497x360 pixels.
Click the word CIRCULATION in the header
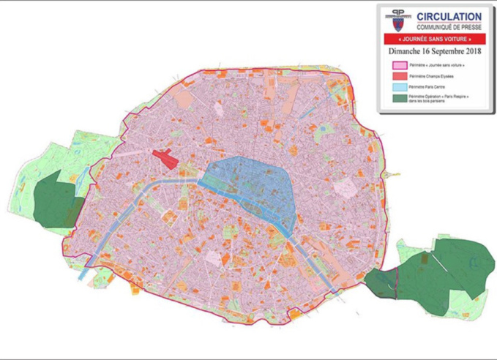pos(449,16)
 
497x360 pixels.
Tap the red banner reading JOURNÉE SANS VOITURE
pos(434,39)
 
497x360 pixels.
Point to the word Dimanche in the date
pos(406,52)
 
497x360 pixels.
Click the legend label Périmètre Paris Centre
pos(430,86)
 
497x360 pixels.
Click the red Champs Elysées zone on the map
pos(165,158)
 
